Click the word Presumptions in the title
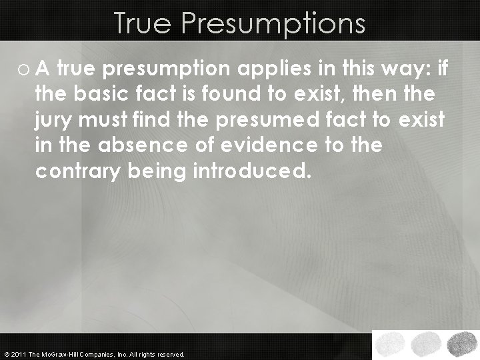(x=274, y=23)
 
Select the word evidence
(x=271, y=145)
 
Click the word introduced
(x=251, y=171)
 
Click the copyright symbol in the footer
(x=6, y=355)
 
